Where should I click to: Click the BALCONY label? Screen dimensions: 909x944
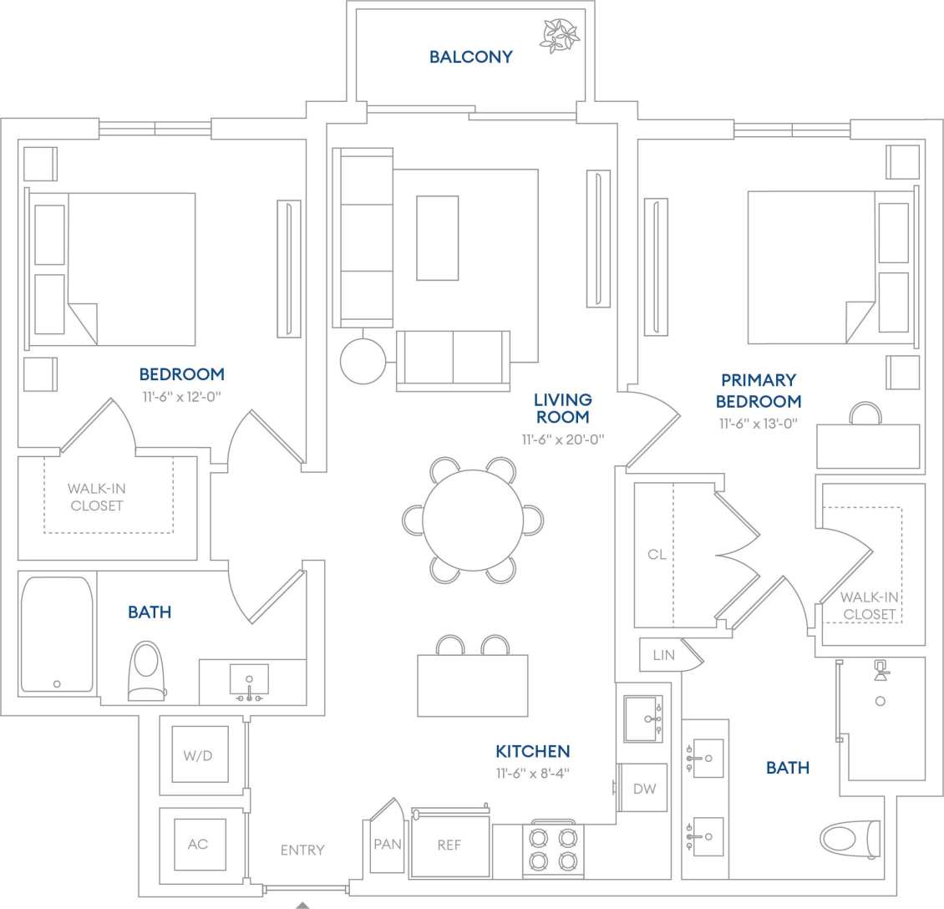click(470, 57)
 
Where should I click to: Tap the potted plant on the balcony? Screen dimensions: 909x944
click(557, 34)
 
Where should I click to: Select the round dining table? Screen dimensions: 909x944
click(473, 521)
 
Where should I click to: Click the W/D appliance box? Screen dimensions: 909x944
click(199, 755)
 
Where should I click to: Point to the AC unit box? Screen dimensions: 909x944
click(198, 844)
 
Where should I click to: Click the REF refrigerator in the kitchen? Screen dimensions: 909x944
click(449, 846)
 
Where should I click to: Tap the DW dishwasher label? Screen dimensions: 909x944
click(644, 789)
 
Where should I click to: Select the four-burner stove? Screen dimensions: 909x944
click(554, 849)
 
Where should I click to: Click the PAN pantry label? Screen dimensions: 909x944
click(388, 845)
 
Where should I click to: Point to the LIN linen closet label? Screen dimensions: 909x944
click(664, 655)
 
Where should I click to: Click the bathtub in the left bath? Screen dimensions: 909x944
click(57, 634)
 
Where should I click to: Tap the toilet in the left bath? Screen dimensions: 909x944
click(146, 670)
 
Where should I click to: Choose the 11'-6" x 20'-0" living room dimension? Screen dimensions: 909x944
click(562, 439)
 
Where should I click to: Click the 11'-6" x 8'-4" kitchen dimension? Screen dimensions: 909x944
click(532, 774)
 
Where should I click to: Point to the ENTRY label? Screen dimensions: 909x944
click(302, 850)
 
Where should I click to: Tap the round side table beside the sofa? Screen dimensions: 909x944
click(363, 361)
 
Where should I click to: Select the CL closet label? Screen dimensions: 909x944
click(657, 554)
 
